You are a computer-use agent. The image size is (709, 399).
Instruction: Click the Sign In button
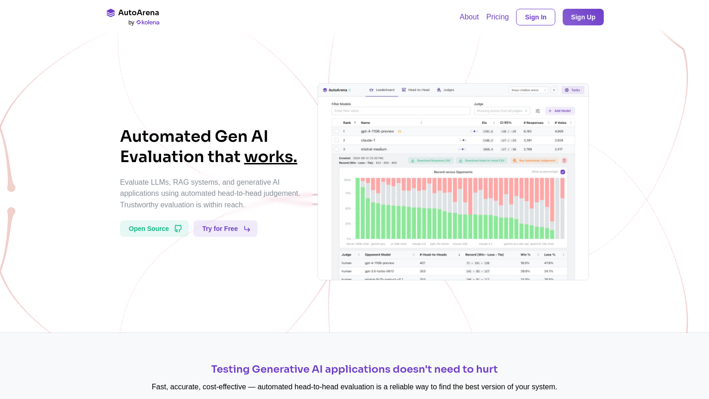click(535, 17)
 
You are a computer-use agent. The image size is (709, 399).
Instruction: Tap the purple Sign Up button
click(583, 17)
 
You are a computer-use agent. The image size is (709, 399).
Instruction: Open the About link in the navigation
click(469, 17)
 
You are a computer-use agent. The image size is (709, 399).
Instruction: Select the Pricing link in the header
click(497, 17)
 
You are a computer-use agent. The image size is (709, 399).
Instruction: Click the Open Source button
click(154, 229)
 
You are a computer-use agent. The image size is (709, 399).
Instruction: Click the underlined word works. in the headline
click(270, 157)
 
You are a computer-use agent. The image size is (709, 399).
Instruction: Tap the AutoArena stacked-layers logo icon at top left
click(111, 13)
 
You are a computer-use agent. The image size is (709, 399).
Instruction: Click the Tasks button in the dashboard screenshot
click(573, 90)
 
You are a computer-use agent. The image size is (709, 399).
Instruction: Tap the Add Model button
click(560, 111)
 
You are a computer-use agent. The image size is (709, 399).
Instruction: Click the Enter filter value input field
click(401, 111)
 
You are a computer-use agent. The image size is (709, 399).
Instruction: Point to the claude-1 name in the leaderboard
click(368, 140)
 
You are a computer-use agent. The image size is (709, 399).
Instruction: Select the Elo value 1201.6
click(488, 132)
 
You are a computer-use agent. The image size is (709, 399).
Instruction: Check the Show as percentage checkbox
click(563, 172)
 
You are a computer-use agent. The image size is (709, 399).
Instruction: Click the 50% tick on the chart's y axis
click(348, 209)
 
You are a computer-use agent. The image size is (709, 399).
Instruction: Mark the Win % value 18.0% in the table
click(525, 263)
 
